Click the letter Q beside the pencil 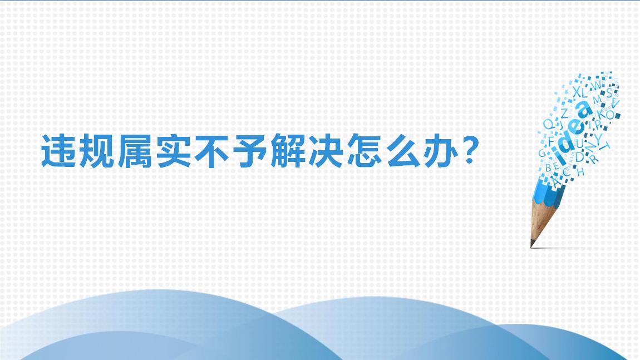[x=548, y=124]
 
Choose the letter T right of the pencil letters [x=607, y=146]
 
